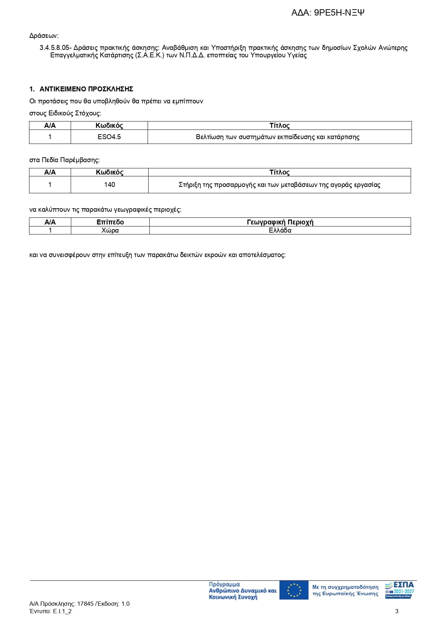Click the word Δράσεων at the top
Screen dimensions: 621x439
pyautogui.click(x=44, y=36)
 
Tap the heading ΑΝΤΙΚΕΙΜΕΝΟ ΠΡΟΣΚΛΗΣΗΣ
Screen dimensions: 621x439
pyautogui.click(x=86, y=89)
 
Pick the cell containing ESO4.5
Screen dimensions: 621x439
pyautogui.click(x=109, y=137)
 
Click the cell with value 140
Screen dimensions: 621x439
pyautogui.click(x=109, y=184)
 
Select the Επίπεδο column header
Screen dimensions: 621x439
pyautogui.click(x=110, y=222)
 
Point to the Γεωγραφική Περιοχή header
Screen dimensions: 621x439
pyautogui.click(x=280, y=222)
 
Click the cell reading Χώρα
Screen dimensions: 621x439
pyautogui.click(x=110, y=230)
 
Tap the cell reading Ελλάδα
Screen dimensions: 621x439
pyautogui.click(x=280, y=230)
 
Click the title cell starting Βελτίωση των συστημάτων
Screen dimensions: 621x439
pyautogui.click(x=278, y=137)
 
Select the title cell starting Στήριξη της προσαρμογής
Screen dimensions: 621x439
pyautogui.click(x=279, y=185)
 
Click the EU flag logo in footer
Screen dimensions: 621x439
pyautogui.click(x=294, y=590)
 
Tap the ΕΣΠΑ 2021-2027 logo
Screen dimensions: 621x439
pyautogui.click(x=400, y=590)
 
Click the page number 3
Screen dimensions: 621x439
pyautogui.click(x=397, y=611)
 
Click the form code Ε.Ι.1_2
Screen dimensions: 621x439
pyautogui.click(x=62, y=611)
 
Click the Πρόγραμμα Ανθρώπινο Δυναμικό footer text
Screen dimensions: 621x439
pyautogui.click(x=242, y=591)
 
